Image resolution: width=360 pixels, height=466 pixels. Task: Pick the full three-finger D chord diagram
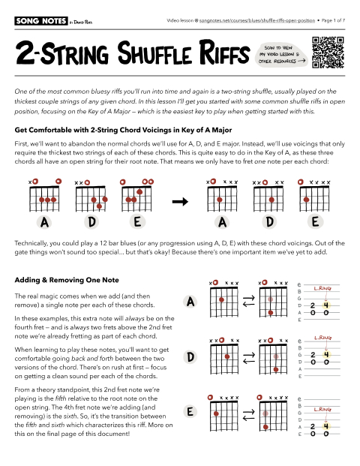pyautogui.click(x=90, y=197)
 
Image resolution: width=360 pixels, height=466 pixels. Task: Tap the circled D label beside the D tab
pyautogui.click(x=190, y=358)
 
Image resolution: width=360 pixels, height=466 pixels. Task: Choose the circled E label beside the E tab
pyautogui.click(x=190, y=413)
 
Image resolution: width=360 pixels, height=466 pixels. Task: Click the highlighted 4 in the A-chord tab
pyautogui.click(x=326, y=305)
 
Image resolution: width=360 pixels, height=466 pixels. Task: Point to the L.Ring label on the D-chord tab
pyautogui.click(x=323, y=339)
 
